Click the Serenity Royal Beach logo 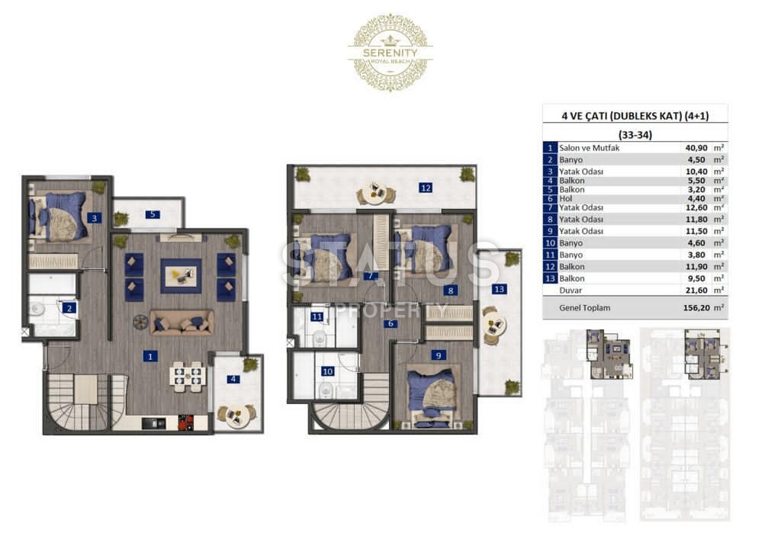(x=390, y=53)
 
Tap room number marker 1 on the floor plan (x=150, y=356)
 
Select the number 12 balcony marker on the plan (x=426, y=188)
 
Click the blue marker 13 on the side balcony (x=499, y=289)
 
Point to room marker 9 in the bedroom (x=439, y=355)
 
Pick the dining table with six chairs (x=187, y=374)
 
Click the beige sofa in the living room (x=182, y=322)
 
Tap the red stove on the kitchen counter (x=186, y=422)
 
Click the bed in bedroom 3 (x=59, y=217)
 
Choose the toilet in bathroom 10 (x=326, y=390)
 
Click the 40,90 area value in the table (x=696, y=148)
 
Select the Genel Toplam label (x=584, y=307)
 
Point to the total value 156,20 (x=696, y=307)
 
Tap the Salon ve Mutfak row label (x=590, y=148)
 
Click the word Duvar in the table (x=570, y=290)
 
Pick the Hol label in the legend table (x=566, y=198)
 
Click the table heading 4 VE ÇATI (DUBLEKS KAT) (x=621, y=116)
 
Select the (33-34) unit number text (x=635, y=134)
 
